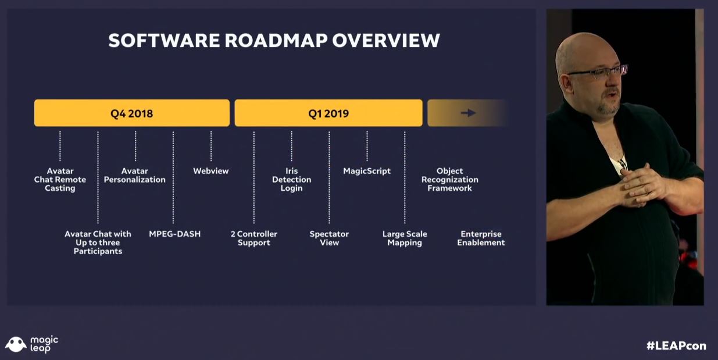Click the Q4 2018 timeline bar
132,113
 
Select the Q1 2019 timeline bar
328,113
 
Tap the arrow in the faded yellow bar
468,113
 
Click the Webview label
211,171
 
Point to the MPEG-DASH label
174,234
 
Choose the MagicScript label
367,171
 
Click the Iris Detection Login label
291,180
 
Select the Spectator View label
329,238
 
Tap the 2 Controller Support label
254,238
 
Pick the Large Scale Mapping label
405,238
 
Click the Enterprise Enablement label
481,238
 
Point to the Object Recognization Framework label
450,180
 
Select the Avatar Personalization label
135,176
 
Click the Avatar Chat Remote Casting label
60,180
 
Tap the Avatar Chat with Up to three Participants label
98,243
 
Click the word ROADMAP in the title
276,40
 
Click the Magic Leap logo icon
16,344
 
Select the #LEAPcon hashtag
676,345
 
